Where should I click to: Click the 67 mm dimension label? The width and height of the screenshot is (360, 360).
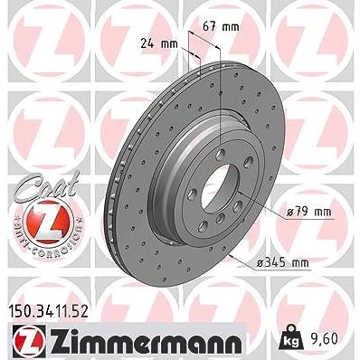click(221, 27)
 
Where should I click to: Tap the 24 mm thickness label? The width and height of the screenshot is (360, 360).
click(159, 44)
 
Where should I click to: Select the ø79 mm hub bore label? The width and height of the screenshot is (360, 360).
click(308, 212)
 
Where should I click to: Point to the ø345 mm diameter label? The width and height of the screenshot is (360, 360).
click(282, 263)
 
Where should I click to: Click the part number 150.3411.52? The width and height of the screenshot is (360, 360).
click(47, 311)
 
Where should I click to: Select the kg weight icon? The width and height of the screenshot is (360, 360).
click(291, 337)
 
